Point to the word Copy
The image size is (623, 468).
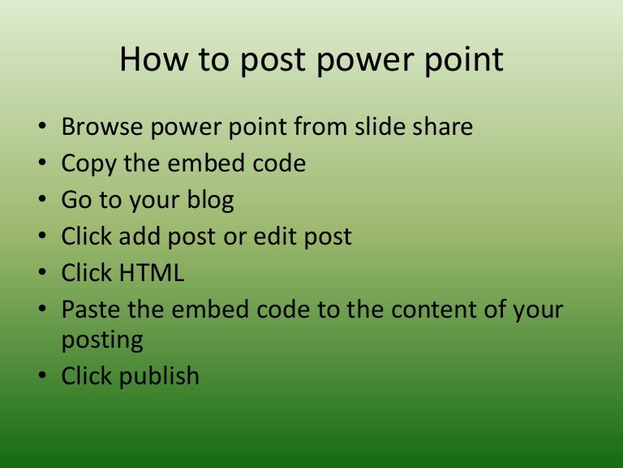coord(89,164)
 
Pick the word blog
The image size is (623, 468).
coord(208,201)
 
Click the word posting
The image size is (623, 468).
coord(102,340)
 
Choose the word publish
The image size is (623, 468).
coord(158,376)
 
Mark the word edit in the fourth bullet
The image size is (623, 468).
coord(288,236)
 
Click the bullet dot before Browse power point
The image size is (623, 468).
coord(42,128)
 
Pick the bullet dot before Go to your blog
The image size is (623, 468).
coord(42,201)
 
